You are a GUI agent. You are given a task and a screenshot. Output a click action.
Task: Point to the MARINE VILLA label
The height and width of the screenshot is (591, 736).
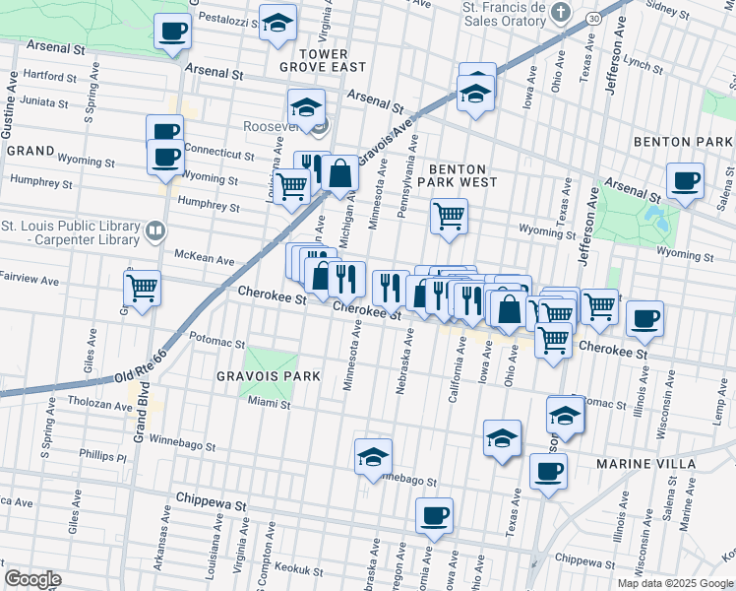(x=645, y=463)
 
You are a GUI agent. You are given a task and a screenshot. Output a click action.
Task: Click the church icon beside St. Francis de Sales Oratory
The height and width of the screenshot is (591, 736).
(x=560, y=13)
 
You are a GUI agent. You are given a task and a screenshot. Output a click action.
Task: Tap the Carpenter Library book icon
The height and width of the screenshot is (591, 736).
(x=154, y=231)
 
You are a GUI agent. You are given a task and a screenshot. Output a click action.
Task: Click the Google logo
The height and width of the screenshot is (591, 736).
(x=32, y=578)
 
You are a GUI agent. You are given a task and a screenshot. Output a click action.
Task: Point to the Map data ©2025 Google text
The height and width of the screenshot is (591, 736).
(x=674, y=583)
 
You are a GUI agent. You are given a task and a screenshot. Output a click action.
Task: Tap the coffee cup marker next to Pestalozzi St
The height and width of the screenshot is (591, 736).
(x=173, y=31)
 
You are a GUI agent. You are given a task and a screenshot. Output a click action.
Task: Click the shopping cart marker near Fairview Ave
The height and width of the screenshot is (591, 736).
(x=143, y=289)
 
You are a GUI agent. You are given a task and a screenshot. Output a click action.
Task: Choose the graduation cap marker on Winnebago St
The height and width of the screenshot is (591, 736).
(x=374, y=456)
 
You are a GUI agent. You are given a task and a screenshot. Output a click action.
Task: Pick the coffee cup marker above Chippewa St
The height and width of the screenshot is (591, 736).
(x=433, y=514)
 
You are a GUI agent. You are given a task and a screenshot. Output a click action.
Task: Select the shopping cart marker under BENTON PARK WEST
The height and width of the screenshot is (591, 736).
(x=450, y=215)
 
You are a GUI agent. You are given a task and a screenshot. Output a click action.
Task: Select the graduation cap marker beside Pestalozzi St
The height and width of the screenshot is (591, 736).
(x=278, y=21)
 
